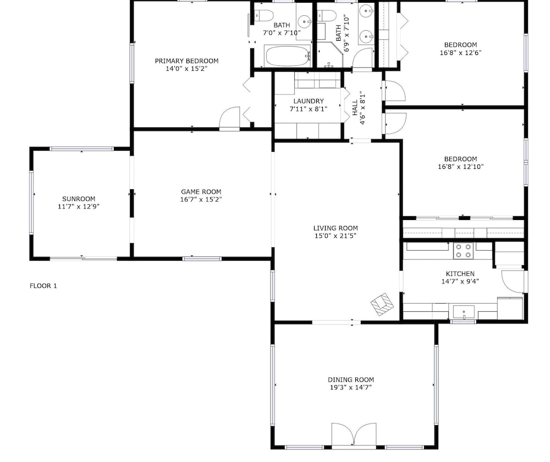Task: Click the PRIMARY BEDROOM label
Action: click(x=186, y=61)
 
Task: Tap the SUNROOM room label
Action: click(x=79, y=199)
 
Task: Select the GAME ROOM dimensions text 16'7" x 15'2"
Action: click(x=201, y=200)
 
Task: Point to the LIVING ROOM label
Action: click(x=335, y=228)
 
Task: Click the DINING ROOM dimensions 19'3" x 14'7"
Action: click(x=350, y=387)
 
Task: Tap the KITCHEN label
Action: click(x=460, y=273)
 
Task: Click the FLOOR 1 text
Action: click(x=43, y=286)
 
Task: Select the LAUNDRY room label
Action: click(x=309, y=101)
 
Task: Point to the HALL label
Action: click(x=355, y=107)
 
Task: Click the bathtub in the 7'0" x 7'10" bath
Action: click(x=288, y=56)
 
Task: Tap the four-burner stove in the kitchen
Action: click(x=463, y=251)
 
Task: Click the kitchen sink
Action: click(x=463, y=312)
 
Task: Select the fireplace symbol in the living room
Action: click(x=382, y=304)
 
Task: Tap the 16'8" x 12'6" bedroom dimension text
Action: click(x=460, y=53)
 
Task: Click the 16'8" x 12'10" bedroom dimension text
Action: click(x=460, y=167)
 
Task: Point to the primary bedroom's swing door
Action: click(x=229, y=118)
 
